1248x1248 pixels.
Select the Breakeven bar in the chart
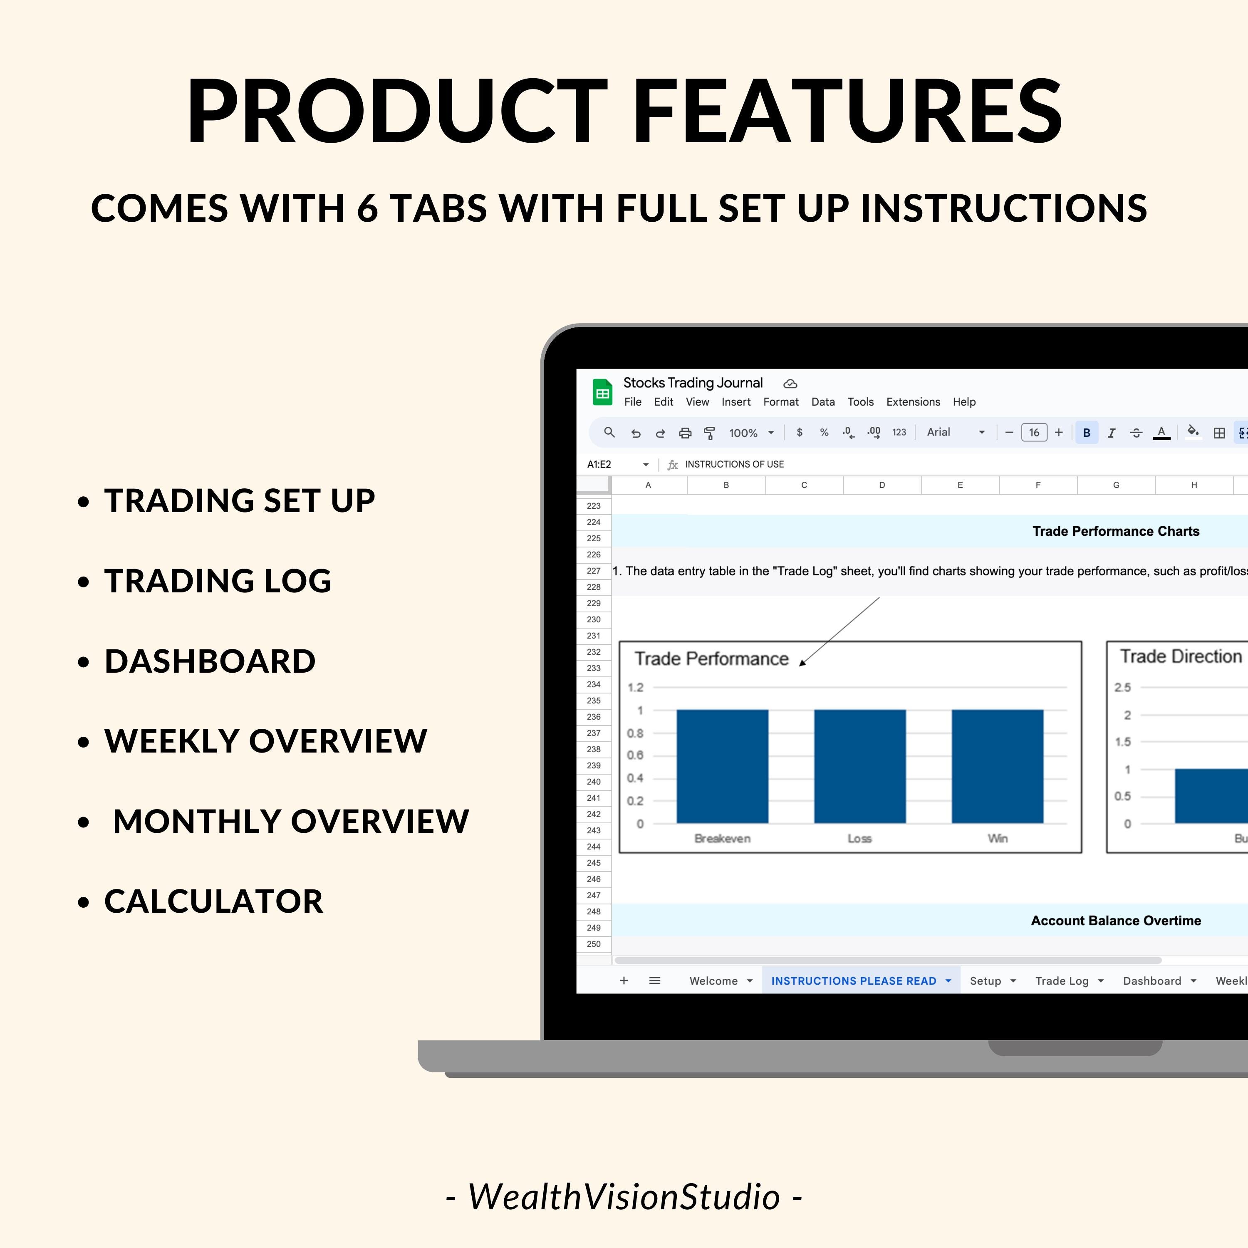point(722,766)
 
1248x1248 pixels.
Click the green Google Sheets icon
point(602,392)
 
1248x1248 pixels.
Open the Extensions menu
point(913,402)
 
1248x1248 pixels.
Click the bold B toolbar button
point(1087,433)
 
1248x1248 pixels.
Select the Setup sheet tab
point(985,981)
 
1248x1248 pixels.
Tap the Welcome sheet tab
point(713,981)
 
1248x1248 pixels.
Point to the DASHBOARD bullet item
point(210,661)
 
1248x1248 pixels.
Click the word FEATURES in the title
point(847,111)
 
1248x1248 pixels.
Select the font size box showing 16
point(1033,433)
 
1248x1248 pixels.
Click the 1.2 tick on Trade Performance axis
point(636,687)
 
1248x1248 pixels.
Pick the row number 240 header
point(593,782)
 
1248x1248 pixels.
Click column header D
point(882,485)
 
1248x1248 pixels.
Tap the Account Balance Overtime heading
point(1116,921)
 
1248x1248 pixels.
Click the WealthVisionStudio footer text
point(624,1197)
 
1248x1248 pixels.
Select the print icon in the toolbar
point(685,433)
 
